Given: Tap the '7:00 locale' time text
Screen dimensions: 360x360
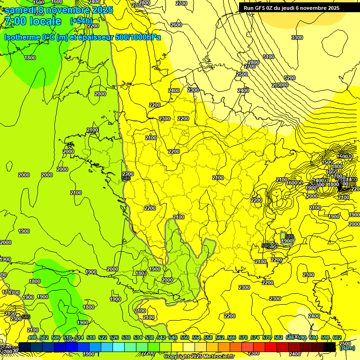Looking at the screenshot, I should pos(33,21).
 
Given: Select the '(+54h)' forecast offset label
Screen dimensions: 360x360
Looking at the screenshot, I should pos(81,21).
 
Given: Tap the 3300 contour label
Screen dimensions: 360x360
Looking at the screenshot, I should pos(297,37).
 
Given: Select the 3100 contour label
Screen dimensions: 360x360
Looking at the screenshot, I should pos(268,57).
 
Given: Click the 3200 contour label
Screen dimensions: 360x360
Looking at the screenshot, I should pos(290,78).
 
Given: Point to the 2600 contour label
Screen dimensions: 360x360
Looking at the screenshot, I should pos(176,25).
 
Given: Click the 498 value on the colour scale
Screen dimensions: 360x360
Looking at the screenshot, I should pos(32,337).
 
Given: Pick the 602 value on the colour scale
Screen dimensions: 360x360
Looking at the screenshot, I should pos(337,337).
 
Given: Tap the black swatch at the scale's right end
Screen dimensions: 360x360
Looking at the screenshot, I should pos(330,347).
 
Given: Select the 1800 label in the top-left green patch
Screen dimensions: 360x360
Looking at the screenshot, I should pos(30,58).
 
